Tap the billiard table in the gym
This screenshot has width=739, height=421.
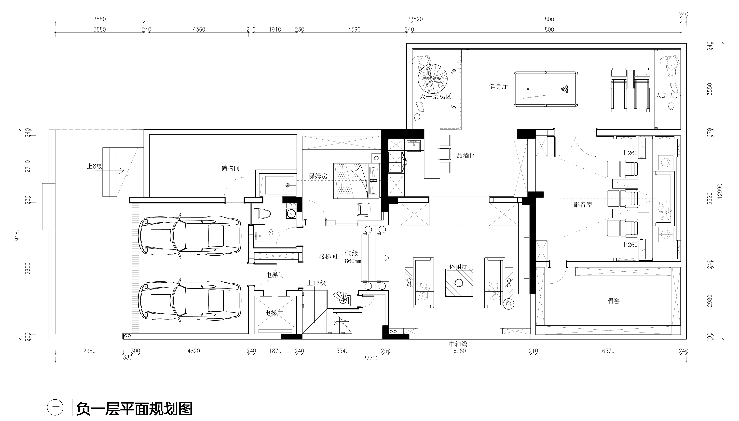[546, 89]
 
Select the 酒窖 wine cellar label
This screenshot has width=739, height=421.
[613, 301]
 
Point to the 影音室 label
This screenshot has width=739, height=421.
[583, 205]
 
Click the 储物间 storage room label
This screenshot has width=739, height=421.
[230, 168]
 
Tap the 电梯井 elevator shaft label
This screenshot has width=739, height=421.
[274, 313]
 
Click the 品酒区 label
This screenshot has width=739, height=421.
[466, 156]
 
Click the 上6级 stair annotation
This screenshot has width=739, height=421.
[95, 166]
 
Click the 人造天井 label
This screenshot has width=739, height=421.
[668, 95]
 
